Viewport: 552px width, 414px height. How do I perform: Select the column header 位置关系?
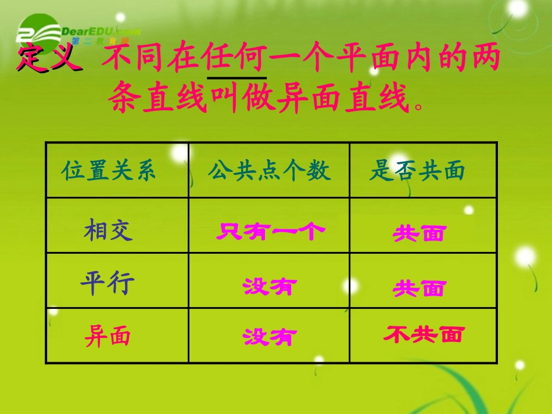tap(109, 171)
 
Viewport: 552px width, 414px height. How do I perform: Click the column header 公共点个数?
tap(269, 171)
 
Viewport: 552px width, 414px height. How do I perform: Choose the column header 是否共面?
tap(417, 171)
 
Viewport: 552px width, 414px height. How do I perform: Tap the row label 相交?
tap(108, 229)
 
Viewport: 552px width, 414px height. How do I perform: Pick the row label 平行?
tap(108, 283)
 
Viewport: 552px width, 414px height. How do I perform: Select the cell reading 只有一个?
tap(270, 232)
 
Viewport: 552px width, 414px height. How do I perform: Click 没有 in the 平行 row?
tap(270, 286)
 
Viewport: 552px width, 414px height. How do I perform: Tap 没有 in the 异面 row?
tap(270, 337)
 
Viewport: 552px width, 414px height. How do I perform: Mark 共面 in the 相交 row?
tap(419, 233)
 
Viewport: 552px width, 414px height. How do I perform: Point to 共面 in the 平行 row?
tap(419, 288)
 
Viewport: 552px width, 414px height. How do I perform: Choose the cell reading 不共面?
tap(424, 334)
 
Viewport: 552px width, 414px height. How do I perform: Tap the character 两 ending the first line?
tap(484, 59)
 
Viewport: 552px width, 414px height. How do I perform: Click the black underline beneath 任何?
tap(236, 77)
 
